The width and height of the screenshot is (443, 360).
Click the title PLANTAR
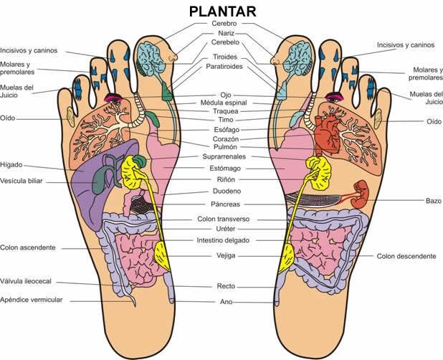point(222,11)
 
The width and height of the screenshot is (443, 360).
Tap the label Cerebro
point(224,24)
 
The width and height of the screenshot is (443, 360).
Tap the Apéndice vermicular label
point(32,299)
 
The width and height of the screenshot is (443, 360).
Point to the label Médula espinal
point(224,103)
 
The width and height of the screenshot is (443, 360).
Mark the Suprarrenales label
point(224,156)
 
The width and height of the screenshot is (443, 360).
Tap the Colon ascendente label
point(28,247)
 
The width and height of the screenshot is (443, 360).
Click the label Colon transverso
point(224,219)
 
